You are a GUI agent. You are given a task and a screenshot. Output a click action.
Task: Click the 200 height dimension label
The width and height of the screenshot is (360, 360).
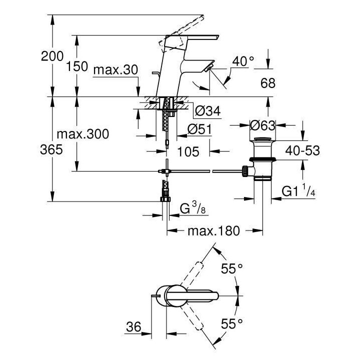[52, 57]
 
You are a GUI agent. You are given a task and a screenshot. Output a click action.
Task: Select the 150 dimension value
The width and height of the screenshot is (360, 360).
[76, 66]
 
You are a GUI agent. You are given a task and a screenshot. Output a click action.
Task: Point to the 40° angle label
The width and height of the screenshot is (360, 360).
[243, 61]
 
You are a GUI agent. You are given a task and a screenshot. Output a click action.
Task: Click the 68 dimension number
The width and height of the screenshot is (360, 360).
[268, 83]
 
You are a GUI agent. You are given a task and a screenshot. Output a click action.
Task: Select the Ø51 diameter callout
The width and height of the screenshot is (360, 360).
[199, 129]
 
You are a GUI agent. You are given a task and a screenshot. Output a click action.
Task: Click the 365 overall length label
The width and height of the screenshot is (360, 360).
[52, 149]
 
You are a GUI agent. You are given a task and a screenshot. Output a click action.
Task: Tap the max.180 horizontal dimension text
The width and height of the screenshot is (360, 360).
[213, 231]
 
